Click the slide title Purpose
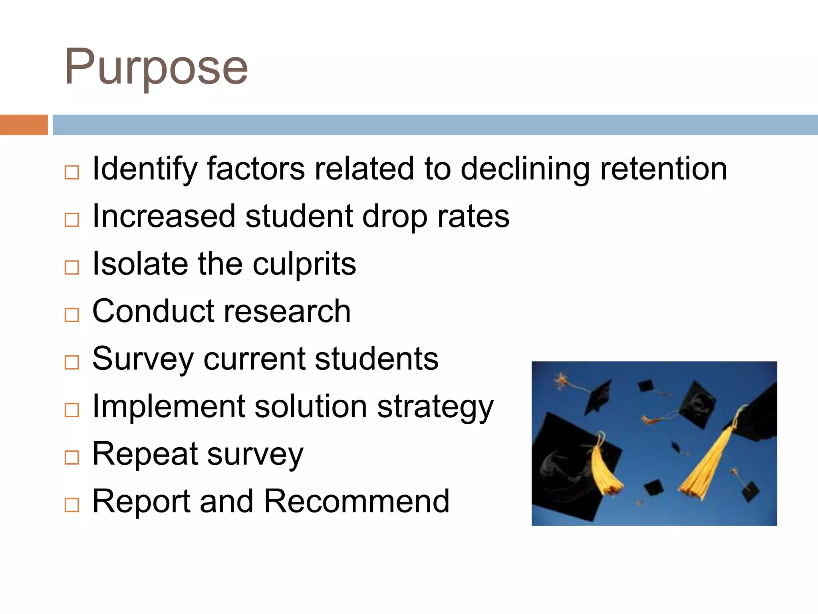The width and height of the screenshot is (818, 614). pos(156,67)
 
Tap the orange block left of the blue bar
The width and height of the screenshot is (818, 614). pos(24,125)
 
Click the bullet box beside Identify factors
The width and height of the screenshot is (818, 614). pos(72,172)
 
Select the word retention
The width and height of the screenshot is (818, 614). pos(663,169)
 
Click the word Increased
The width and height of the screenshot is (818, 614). pos(164,216)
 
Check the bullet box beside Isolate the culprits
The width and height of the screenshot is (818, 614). pos(72,267)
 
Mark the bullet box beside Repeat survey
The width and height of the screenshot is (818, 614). pos(72,457)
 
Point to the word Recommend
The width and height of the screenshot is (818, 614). pos(357,501)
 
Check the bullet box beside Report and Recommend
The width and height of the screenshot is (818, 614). pos(72,505)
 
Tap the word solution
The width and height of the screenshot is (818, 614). pos(310,407)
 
